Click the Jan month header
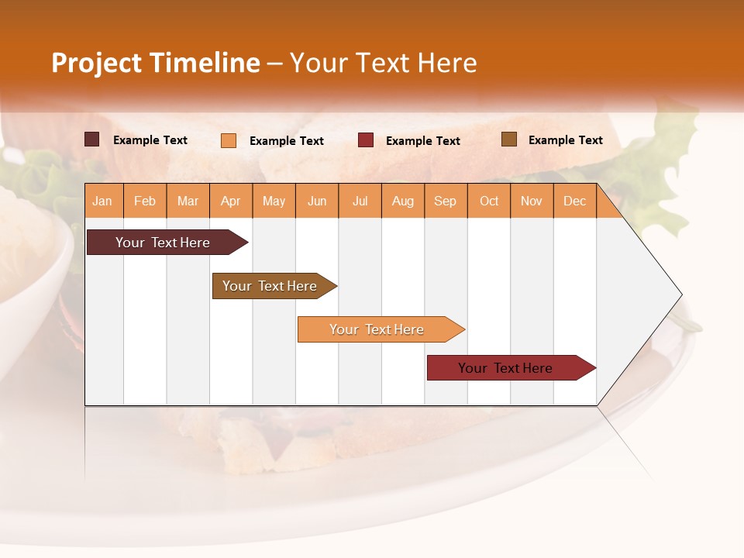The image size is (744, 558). pos(102,201)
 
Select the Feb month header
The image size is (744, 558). pos(145,201)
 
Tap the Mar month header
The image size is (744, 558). pos(188,201)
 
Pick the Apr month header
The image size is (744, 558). pos(231,201)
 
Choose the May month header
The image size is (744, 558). pos(274,201)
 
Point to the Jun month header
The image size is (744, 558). pos(317,201)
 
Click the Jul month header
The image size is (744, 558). pos(360,201)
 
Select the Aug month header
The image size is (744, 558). pos(403,201)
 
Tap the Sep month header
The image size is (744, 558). pos(445,201)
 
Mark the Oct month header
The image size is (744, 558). pos(489,201)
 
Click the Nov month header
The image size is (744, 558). pos(532,201)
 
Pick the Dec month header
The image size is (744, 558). pos(574,201)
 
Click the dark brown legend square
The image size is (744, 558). pos(92,139)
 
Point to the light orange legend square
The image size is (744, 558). pos(229,140)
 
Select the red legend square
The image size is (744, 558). pos(366,140)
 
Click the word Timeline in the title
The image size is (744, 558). pos(205,63)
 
